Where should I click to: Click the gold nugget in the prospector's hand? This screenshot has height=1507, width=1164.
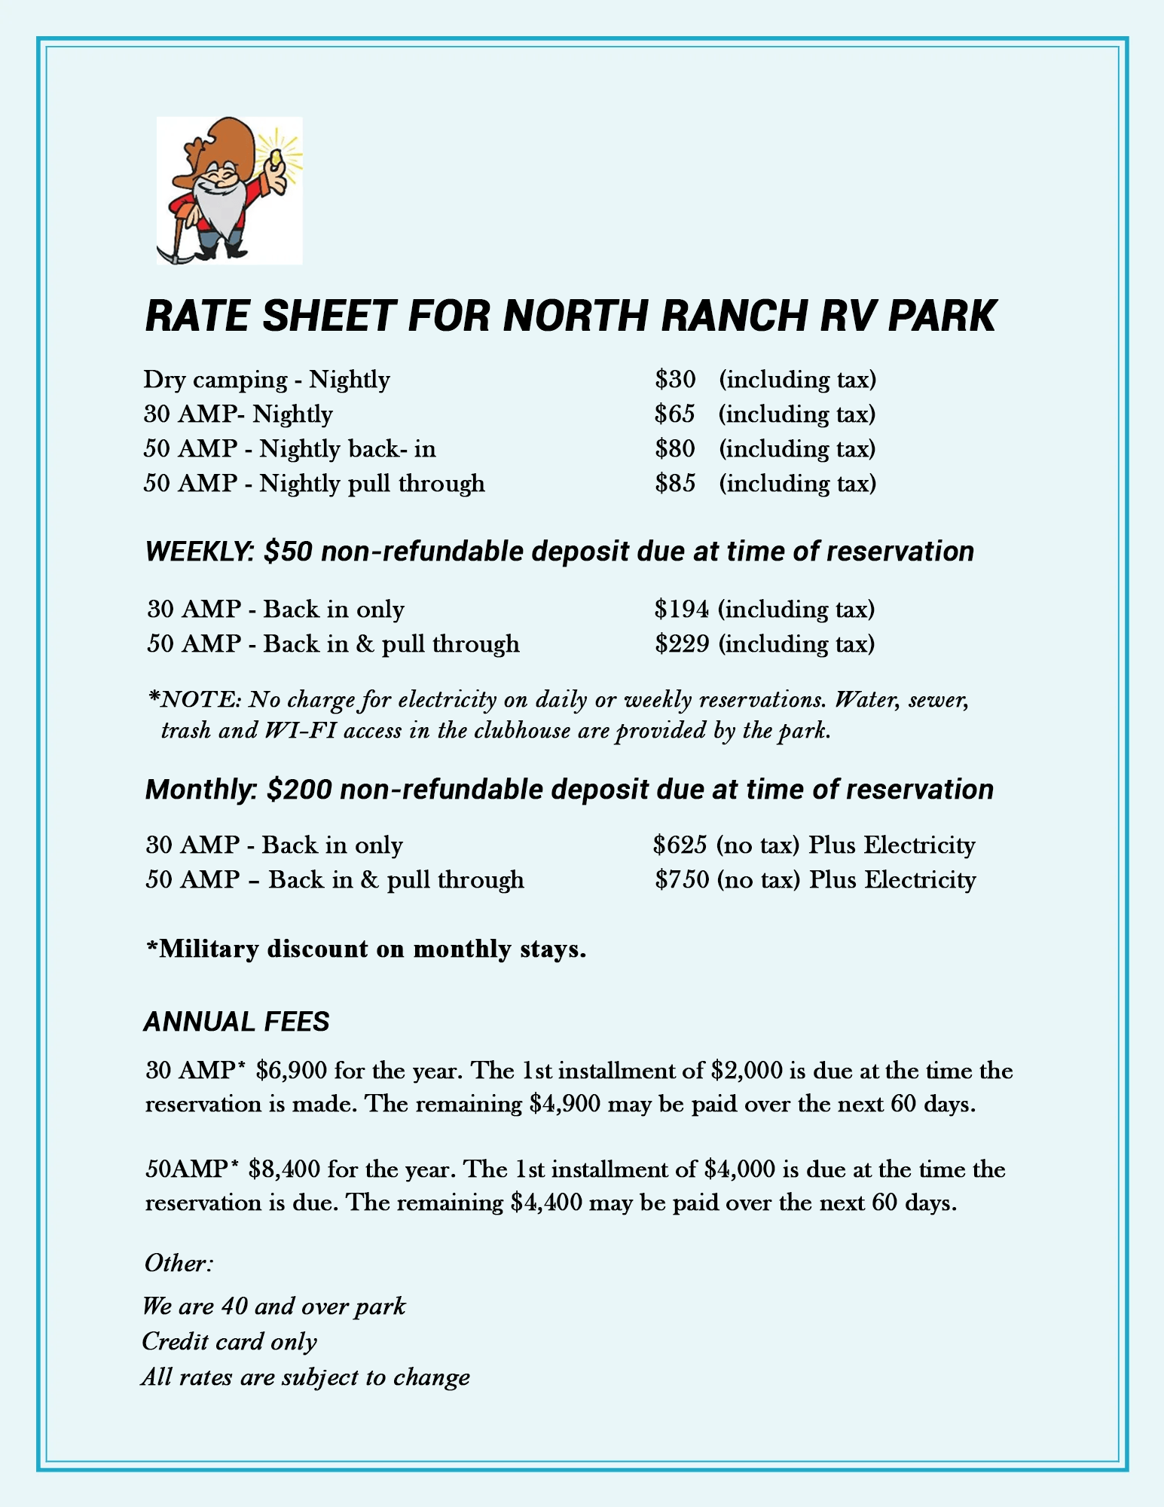point(276,157)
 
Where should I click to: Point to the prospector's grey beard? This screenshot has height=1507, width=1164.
point(216,207)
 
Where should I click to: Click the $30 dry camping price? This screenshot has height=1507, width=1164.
point(675,379)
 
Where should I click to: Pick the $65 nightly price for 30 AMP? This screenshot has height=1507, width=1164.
point(675,414)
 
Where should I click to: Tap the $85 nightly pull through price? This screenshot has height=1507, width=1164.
point(675,483)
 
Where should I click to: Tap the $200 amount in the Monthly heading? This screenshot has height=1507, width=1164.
point(299,790)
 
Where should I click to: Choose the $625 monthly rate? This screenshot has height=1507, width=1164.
point(680,845)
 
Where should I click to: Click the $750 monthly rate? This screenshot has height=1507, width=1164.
point(682,880)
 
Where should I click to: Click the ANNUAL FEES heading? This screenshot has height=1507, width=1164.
point(237,1022)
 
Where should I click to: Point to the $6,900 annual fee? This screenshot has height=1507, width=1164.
point(292,1071)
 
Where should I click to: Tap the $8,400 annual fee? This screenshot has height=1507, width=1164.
point(284,1169)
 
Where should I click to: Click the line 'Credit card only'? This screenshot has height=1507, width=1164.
point(230,1341)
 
